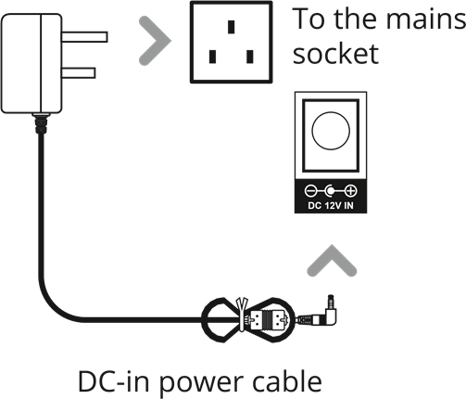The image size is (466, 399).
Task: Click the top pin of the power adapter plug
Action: (x=84, y=37)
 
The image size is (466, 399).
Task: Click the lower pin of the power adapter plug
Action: (x=79, y=73)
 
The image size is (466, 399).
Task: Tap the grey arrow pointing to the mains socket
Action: (x=155, y=41)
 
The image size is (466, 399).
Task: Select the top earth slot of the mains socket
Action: (x=231, y=27)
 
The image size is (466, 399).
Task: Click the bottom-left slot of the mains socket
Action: (x=212, y=57)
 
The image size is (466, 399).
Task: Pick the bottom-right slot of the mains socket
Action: (x=250, y=57)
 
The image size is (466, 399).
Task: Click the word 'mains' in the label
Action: (x=425, y=19)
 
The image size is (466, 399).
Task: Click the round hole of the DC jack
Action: (x=331, y=131)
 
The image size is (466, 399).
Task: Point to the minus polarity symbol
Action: (x=310, y=191)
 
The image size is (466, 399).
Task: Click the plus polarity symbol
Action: (x=351, y=191)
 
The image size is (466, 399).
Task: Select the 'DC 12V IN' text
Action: (x=331, y=205)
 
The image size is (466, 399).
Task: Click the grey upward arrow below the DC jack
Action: (x=332, y=261)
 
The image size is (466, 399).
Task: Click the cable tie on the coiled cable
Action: (x=242, y=314)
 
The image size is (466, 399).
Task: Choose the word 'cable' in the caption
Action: (x=287, y=380)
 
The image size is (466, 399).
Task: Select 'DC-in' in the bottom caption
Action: (x=114, y=381)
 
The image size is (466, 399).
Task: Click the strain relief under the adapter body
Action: (x=41, y=123)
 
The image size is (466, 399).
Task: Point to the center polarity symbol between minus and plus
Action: (x=331, y=191)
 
